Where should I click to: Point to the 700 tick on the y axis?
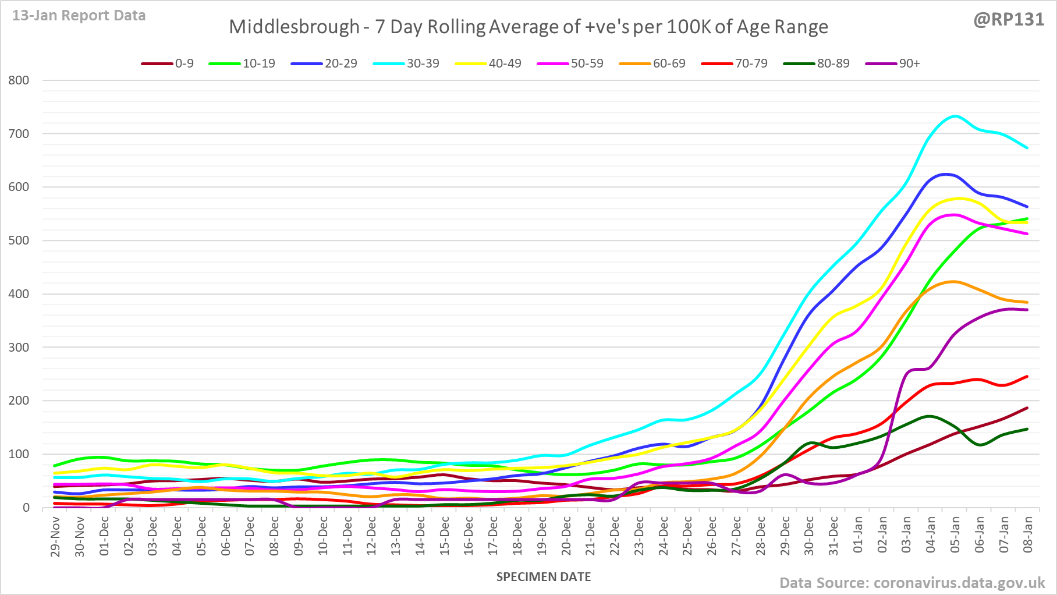tap(19, 134)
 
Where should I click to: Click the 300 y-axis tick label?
tap(19, 348)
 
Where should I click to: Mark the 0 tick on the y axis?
tap(26, 508)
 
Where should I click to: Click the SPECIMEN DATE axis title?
tap(544, 577)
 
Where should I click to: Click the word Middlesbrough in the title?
tap(294, 27)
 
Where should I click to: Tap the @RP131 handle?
tap(1009, 19)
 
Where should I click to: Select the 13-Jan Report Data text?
tap(79, 16)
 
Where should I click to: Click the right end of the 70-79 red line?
tap(1027, 376)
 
